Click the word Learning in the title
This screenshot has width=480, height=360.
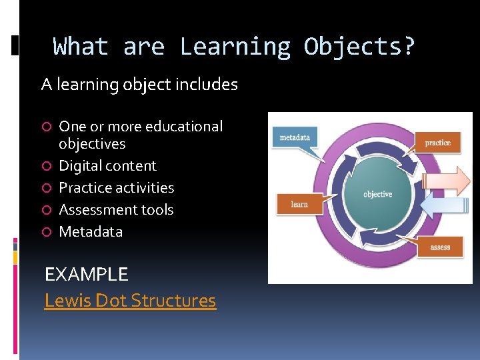235,47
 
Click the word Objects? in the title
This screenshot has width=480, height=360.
359,47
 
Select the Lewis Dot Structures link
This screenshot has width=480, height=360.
130,301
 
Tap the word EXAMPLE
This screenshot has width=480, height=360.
86,274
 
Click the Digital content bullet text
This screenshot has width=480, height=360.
107,166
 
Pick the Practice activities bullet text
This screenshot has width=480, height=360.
116,188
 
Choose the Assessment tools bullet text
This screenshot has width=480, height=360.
116,210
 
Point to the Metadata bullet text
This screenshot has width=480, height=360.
91,232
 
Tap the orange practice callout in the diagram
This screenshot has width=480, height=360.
437,143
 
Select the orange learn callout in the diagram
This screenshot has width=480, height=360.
299,204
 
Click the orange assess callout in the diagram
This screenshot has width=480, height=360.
439,247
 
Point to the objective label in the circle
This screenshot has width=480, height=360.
377,194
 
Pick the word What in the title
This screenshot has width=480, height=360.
81,47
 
